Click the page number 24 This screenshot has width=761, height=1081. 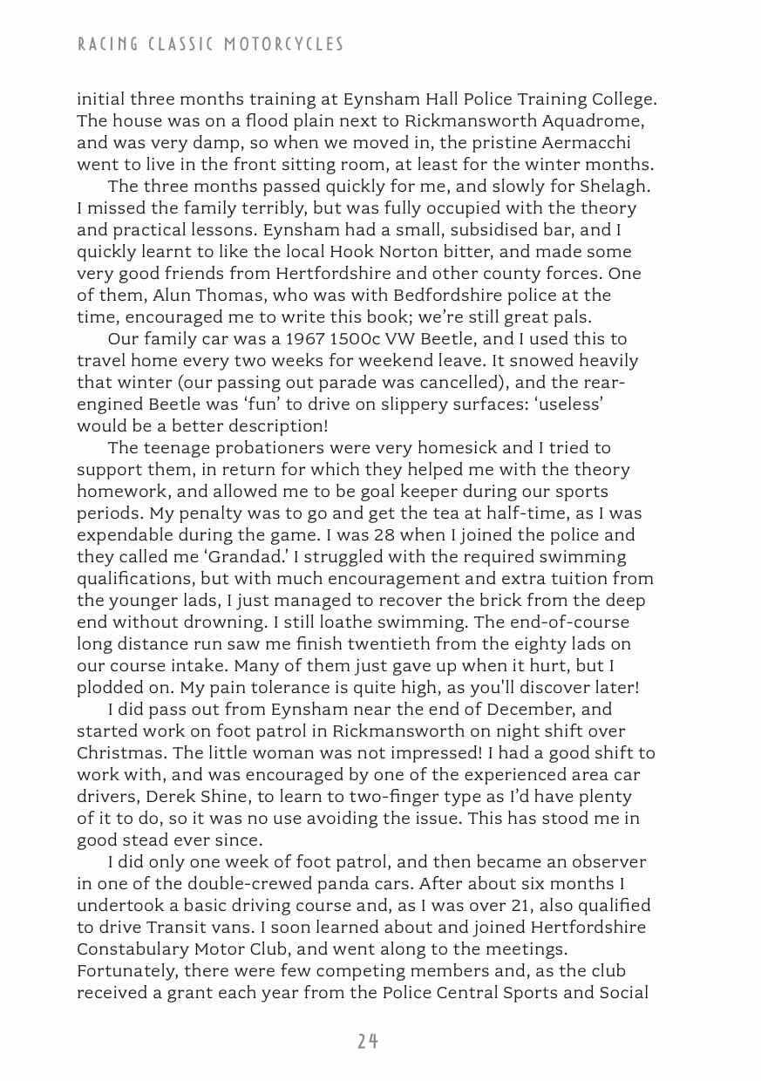[x=368, y=1041]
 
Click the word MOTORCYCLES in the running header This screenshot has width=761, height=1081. [x=287, y=44]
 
